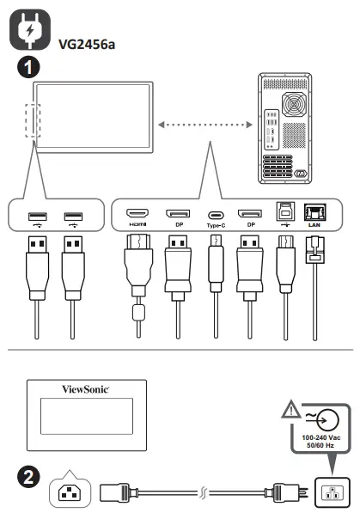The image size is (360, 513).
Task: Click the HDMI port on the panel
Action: click(137, 212)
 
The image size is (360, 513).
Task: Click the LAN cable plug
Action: click(315, 258)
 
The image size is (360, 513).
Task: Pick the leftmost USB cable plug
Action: click(35, 262)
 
